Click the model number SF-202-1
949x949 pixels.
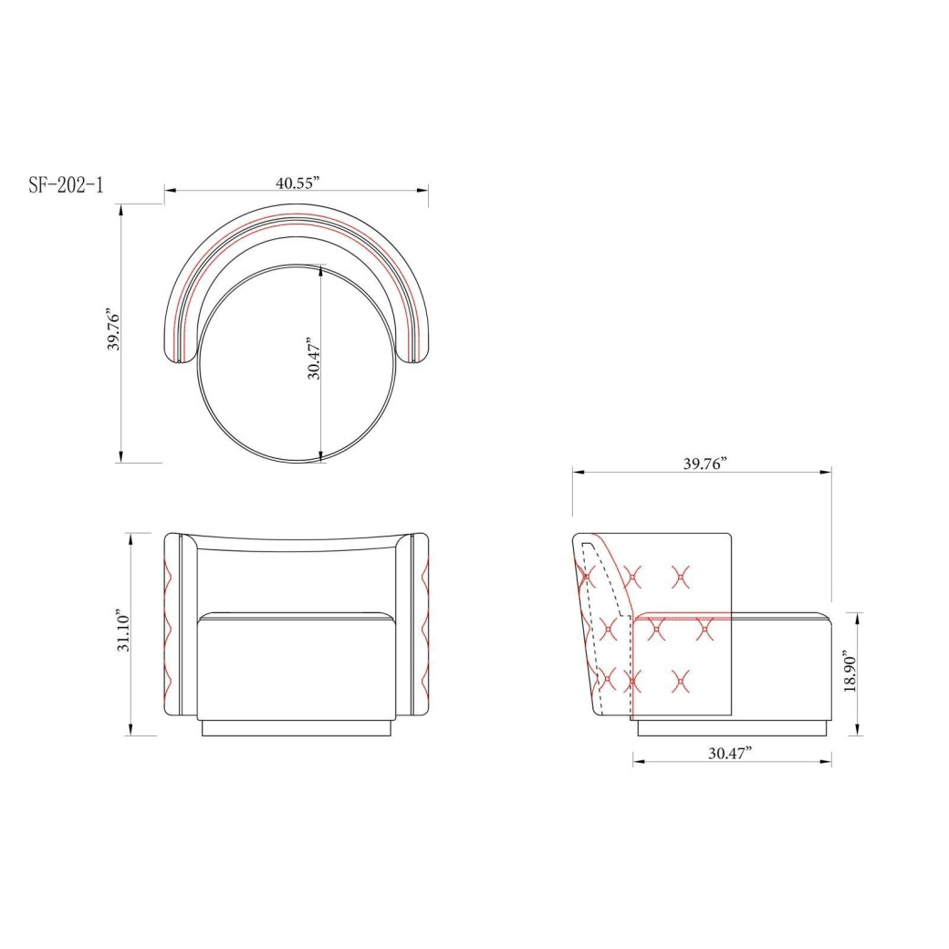click(x=66, y=184)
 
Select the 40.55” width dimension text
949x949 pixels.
click(x=297, y=182)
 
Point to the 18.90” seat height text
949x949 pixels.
click(x=850, y=672)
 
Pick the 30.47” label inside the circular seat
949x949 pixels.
click(x=314, y=359)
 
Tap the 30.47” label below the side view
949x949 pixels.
click(x=731, y=753)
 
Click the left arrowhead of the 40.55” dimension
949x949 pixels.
click(x=170, y=191)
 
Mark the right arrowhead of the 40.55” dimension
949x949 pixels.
click(x=422, y=191)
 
